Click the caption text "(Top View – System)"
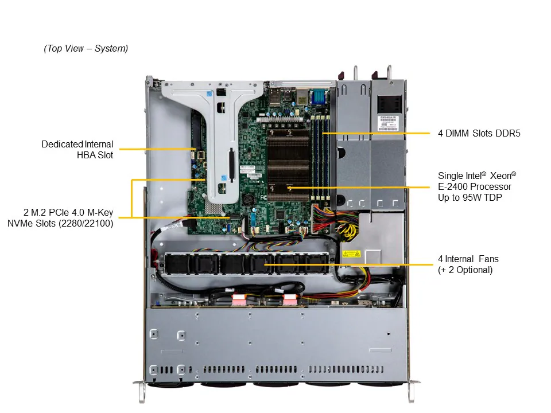pos(86,49)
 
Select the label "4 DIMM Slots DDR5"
pos(479,134)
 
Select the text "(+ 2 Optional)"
pos(465,270)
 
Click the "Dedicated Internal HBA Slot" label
pos(77,149)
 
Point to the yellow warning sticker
pos(351,254)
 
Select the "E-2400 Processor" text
pos(474,186)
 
